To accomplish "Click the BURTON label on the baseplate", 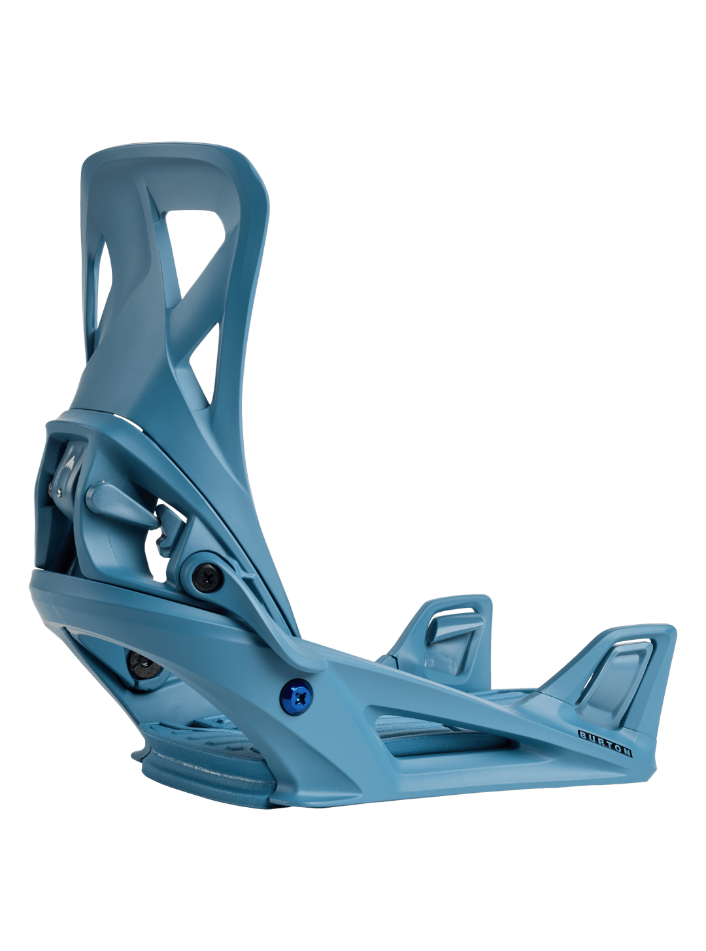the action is pos(605,743).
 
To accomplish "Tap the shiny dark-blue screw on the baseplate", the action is pos(295,697).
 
